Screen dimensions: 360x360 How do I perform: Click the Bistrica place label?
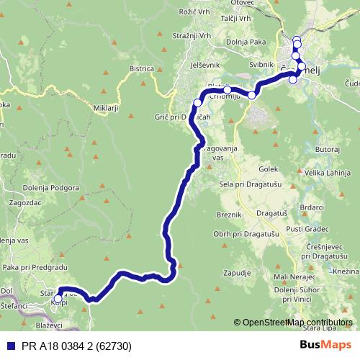click(x=142, y=68)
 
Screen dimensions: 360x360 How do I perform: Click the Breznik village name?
click(x=230, y=214)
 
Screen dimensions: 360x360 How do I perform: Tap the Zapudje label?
click(x=237, y=274)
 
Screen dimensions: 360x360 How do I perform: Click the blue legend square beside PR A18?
click(x=6, y=346)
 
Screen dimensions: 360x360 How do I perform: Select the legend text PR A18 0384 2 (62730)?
click(x=66, y=346)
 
